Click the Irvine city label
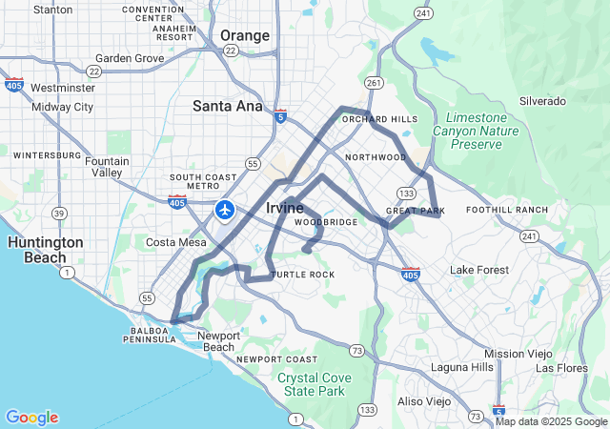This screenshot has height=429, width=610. tap(285, 208)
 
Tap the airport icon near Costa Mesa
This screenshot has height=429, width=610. tap(226, 209)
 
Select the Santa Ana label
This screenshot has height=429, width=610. tap(227, 106)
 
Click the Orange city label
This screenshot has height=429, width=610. tap(245, 35)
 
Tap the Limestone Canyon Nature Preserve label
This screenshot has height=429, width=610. tap(476, 131)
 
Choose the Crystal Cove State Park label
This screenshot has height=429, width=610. tap(310, 384)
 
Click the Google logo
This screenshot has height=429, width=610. tap(31, 418)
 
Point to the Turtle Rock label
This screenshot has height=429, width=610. tap(303, 275)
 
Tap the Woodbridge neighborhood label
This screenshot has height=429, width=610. tap(326, 221)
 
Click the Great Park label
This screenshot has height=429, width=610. tap(416, 211)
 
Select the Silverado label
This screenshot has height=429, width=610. tap(542, 101)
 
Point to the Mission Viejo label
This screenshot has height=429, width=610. tap(518, 353)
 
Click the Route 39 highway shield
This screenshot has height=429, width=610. tap(59, 214)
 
